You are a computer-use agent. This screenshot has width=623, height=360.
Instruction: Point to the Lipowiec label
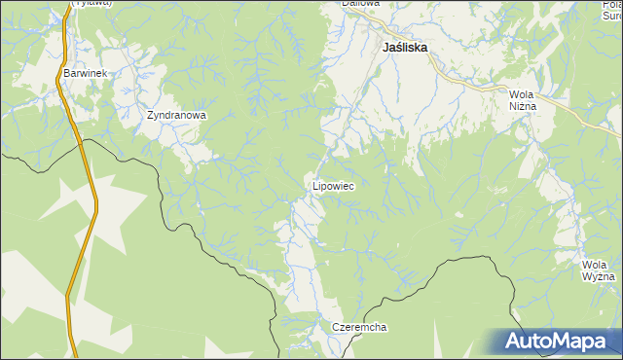pos(333,185)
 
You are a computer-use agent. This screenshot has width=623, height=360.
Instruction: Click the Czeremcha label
pos(359,327)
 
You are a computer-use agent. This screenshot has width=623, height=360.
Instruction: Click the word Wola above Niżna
pos(523,94)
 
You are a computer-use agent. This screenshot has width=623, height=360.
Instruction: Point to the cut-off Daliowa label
pos(360,4)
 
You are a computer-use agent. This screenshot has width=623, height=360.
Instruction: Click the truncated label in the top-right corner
pos(610,10)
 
